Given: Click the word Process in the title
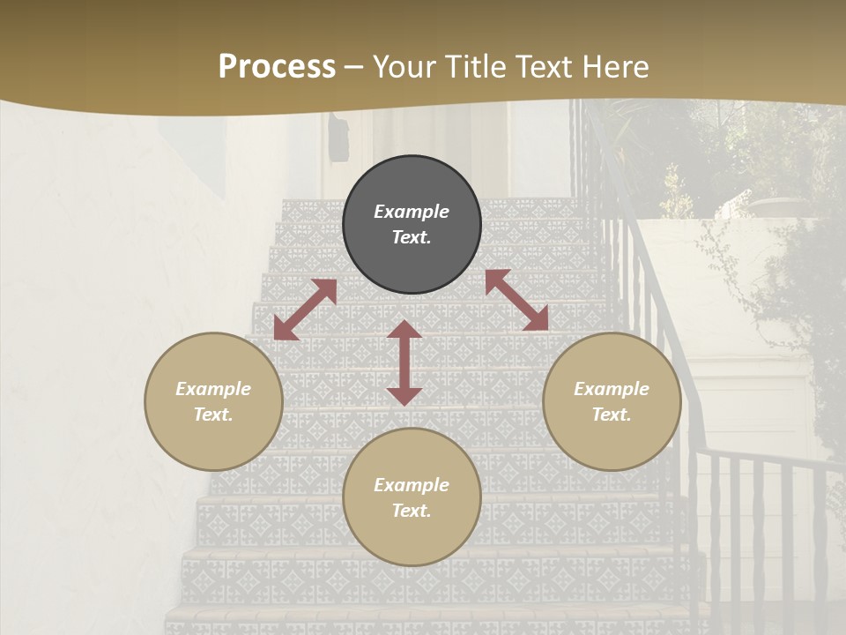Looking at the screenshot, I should pos(277,67).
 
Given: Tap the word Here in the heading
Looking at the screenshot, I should pos(614,67).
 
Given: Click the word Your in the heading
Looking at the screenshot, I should pos(407,67).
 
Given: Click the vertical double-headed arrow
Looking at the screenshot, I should pos(404,362).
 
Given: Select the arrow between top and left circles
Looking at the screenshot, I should pos(305,310).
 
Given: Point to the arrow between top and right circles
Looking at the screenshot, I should pos(516,300).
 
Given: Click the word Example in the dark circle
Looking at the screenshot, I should pos(412,212).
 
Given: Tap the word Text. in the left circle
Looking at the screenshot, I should pos(213,415).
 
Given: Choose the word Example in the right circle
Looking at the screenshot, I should pos(612,389).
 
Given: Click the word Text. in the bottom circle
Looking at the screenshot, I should pos(412,511).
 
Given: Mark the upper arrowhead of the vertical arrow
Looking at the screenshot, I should pos(404,330).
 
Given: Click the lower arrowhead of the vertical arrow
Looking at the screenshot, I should pos(404,395).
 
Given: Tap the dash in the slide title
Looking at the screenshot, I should pos(354,67).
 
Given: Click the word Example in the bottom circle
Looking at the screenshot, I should pos(412,485).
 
